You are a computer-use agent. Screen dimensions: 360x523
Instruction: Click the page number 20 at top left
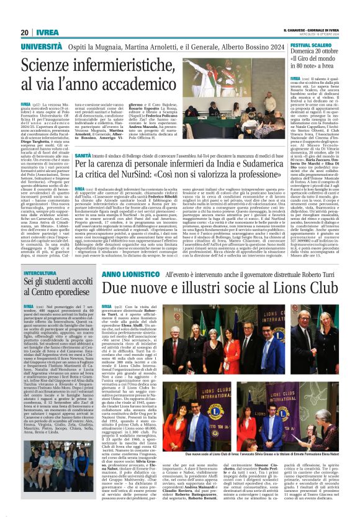(25, 32)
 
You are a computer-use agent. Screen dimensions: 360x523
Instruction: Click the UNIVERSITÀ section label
(41, 47)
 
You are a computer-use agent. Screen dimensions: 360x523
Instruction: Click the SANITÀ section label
(83, 155)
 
